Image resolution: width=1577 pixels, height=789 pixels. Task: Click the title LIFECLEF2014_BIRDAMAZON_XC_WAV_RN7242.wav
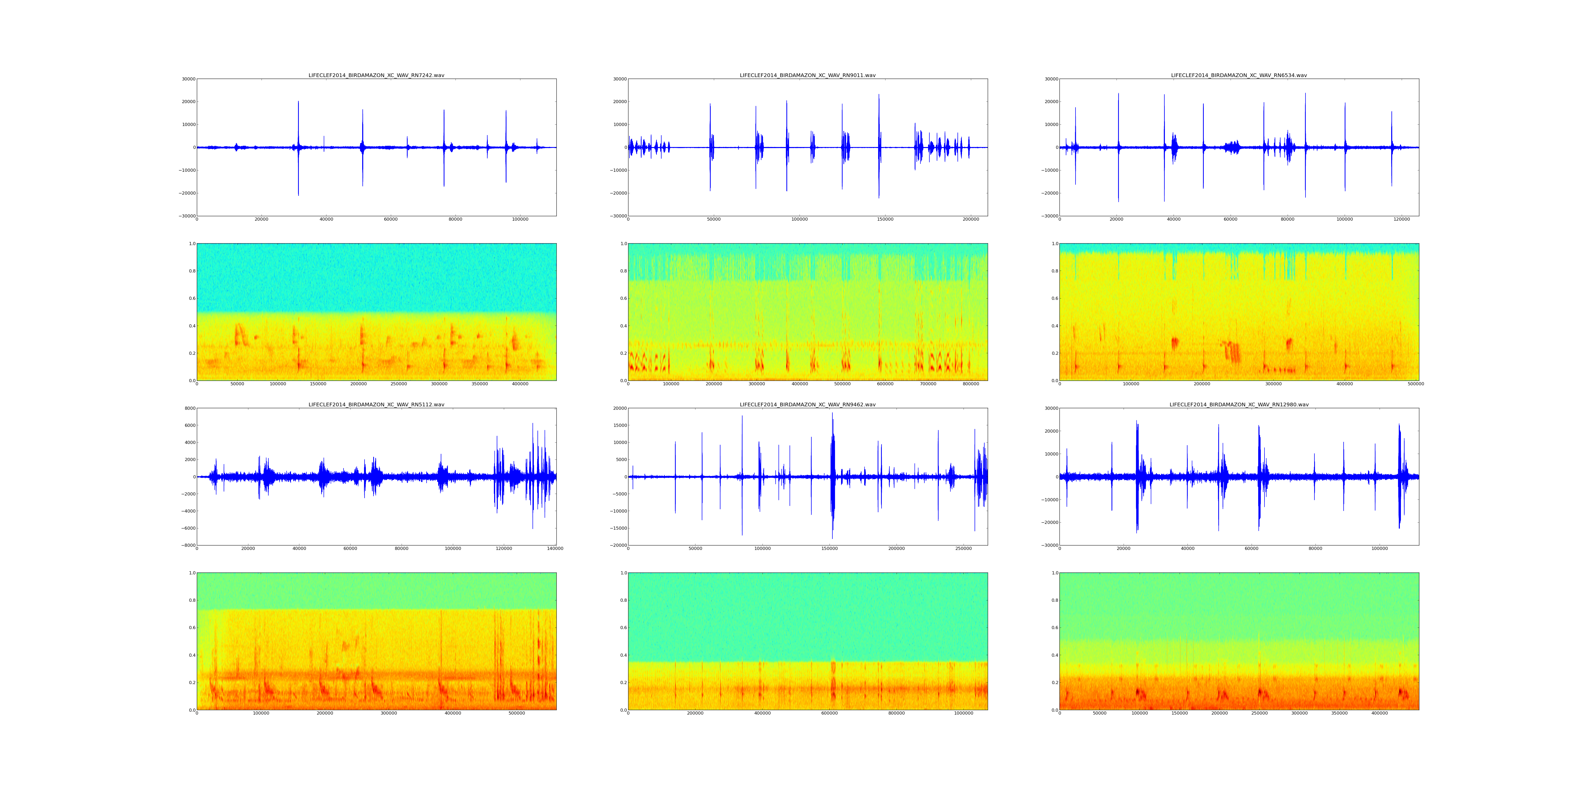pyautogui.click(x=376, y=75)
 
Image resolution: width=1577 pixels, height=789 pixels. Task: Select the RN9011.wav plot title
pyautogui.click(x=807, y=75)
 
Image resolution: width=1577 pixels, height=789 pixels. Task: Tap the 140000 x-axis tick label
pyautogui.click(x=555, y=549)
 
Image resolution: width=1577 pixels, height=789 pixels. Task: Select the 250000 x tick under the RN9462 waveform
pyautogui.click(x=964, y=549)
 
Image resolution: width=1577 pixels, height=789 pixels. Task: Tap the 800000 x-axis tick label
pyautogui.click(x=971, y=384)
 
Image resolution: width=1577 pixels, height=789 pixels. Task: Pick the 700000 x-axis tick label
pyautogui.click(x=928, y=384)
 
